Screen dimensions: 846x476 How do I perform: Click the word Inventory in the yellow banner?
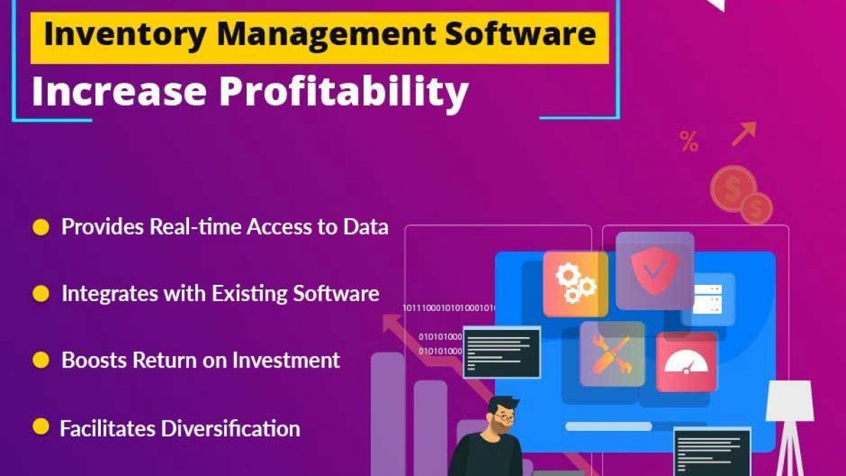point(124,35)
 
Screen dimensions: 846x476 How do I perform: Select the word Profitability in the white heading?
point(344,92)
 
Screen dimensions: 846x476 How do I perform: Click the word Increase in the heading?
point(119,92)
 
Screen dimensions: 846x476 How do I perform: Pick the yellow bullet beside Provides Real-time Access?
point(41,227)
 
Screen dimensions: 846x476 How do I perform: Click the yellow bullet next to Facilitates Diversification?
point(41,427)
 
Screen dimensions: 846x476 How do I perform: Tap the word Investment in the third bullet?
point(286,360)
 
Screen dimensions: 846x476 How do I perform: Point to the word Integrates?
point(110,294)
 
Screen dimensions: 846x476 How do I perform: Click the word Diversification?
point(231,429)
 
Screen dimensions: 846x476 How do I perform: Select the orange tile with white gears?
point(575,284)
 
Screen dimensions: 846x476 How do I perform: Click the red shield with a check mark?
point(654,270)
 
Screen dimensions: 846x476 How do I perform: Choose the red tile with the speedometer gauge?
point(686,362)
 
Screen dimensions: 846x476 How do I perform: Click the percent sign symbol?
point(689,141)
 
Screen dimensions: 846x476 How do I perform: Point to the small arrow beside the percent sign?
point(744,134)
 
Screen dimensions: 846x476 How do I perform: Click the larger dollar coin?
point(732,189)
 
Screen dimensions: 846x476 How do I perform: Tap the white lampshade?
point(790,401)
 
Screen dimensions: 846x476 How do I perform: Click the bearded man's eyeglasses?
point(504,417)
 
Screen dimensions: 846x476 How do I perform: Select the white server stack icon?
point(707,299)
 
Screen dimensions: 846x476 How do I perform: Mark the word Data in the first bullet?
point(366,226)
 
